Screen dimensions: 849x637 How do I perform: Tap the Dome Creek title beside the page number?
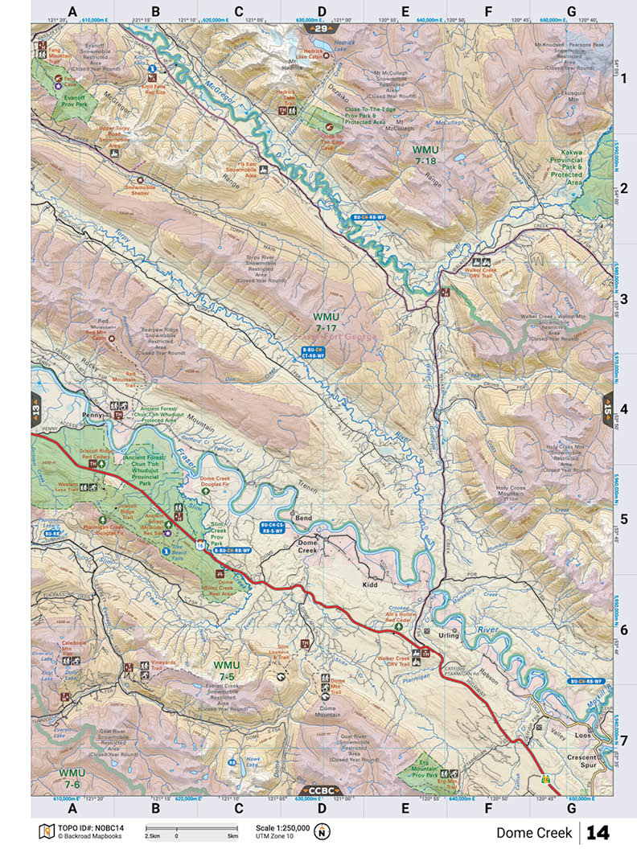coord(533,832)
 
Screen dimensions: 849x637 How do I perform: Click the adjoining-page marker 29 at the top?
coord(322,29)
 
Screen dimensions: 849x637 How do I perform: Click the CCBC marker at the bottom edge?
coord(321,790)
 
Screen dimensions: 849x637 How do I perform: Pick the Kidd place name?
coord(370,584)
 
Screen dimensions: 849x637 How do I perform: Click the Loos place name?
coord(585,736)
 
